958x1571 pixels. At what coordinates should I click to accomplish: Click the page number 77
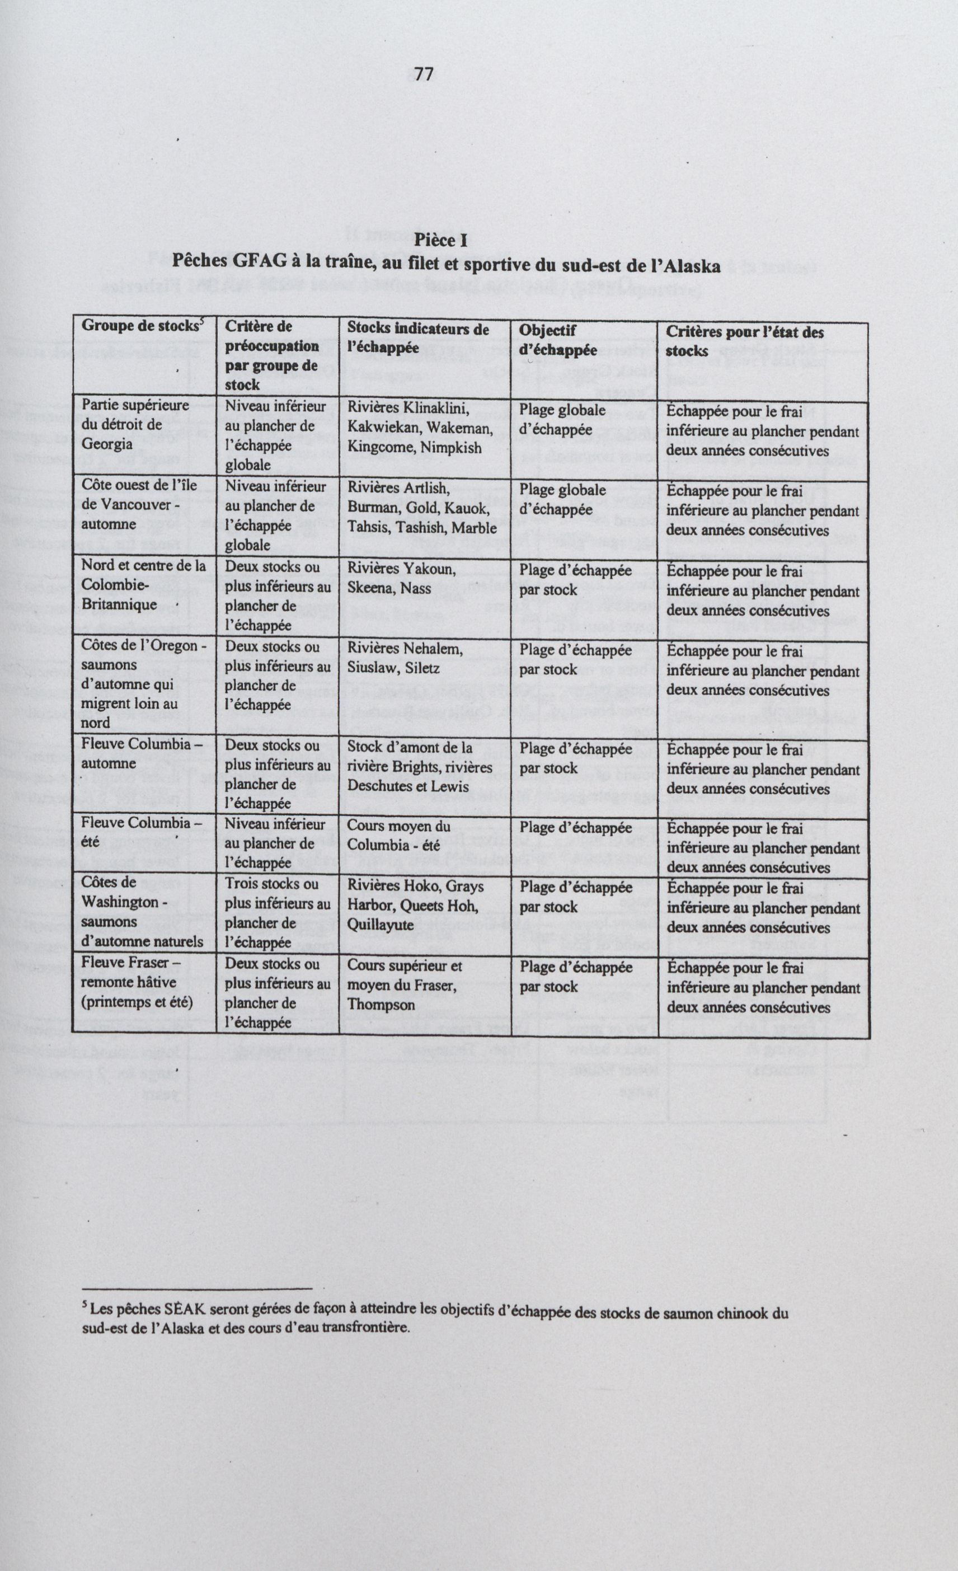click(424, 74)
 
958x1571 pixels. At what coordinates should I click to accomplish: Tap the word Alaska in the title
click(689, 266)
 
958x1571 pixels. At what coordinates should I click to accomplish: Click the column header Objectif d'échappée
click(558, 340)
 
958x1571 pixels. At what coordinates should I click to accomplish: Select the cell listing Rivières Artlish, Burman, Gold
click(421, 508)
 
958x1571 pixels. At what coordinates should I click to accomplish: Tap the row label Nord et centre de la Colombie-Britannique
click(143, 585)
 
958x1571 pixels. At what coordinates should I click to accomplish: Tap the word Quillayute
click(380, 925)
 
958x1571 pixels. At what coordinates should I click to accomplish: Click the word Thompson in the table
click(381, 1005)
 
